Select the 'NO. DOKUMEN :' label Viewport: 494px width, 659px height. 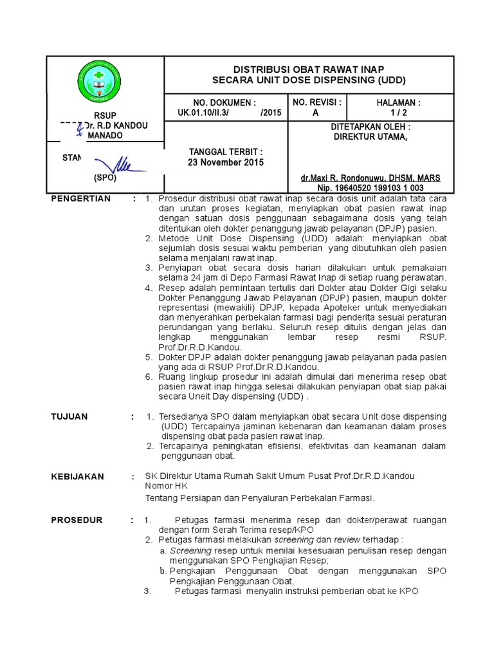(x=224, y=102)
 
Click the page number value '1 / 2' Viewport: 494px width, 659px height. (x=399, y=112)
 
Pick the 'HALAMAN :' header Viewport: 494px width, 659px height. (x=399, y=102)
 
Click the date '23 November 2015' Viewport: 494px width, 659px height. (x=225, y=162)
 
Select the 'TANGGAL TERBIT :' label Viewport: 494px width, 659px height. (x=225, y=152)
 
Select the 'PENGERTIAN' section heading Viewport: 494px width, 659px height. (x=81, y=198)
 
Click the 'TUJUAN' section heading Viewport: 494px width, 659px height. (x=69, y=417)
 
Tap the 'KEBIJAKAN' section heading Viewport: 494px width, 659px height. (x=77, y=477)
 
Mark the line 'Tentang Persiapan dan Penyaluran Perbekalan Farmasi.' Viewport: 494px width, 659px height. (x=259, y=498)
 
